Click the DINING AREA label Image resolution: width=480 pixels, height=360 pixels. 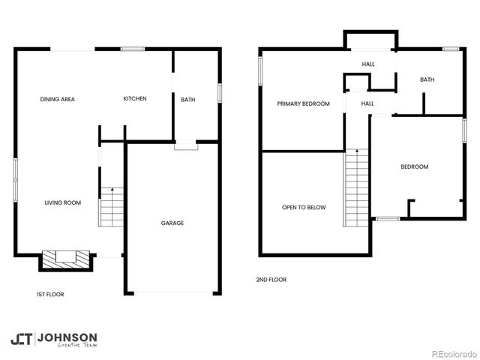[x=58, y=99]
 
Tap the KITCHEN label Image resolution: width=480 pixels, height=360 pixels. [x=135, y=99]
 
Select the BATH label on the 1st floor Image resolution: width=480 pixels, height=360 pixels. [x=187, y=99]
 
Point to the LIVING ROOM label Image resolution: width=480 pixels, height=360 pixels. [x=62, y=202]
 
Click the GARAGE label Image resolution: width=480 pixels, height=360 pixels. [x=172, y=223]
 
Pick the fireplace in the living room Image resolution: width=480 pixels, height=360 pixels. [x=66, y=259]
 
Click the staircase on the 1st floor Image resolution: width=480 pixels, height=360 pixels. [x=110, y=206]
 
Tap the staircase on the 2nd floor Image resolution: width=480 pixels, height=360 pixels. [x=356, y=187]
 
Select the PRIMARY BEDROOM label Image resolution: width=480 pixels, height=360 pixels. [x=303, y=103]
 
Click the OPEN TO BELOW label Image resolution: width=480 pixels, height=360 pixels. [x=304, y=207]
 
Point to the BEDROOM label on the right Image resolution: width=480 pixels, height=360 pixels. [x=414, y=166]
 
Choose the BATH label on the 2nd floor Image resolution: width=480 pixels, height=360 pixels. [x=427, y=79]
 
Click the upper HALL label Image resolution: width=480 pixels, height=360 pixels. [x=368, y=64]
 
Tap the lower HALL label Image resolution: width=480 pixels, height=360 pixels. [x=367, y=103]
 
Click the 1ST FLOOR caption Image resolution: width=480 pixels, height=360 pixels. [x=50, y=295]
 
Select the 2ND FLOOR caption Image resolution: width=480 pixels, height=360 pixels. [x=271, y=280]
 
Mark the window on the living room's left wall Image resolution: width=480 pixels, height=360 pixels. [x=15, y=179]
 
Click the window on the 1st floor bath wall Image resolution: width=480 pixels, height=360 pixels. [x=220, y=92]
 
